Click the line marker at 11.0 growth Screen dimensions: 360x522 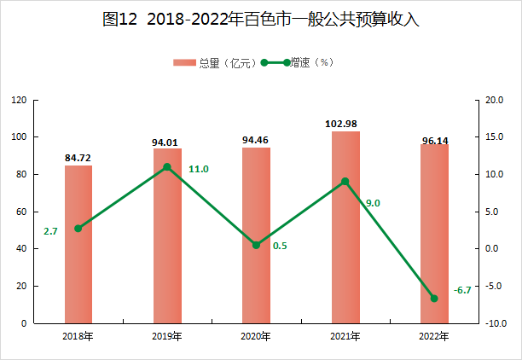click(167, 167)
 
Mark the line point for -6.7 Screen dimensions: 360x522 click(434, 299)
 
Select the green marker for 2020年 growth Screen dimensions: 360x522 click(256, 245)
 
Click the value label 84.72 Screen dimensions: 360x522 click(78, 158)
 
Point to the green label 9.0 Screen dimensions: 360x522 click(373, 203)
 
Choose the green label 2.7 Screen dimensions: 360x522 click(50, 231)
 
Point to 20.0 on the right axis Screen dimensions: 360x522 click(495, 100)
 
